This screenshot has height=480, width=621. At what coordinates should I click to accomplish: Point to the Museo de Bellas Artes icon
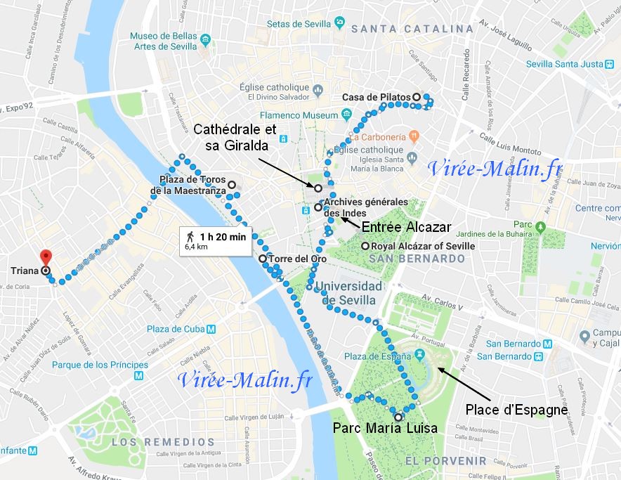coord(205,38)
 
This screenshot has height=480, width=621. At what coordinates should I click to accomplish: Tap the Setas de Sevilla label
coord(299,23)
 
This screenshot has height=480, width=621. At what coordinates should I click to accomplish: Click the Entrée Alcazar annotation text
coord(405,227)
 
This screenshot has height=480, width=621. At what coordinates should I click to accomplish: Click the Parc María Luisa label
coord(386,428)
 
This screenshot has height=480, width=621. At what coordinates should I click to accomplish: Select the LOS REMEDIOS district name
coord(163,442)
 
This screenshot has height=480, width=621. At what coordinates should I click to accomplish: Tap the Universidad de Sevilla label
coord(348,293)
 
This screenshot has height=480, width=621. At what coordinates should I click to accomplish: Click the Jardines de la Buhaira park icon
coord(540,227)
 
